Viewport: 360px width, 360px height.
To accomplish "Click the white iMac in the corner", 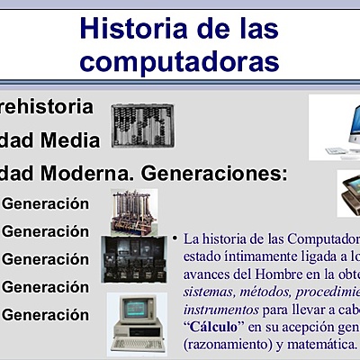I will pyautogui.click(x=338, y=126).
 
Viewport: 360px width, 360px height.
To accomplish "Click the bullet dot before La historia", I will pyautogui.click(x=175, y=238).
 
